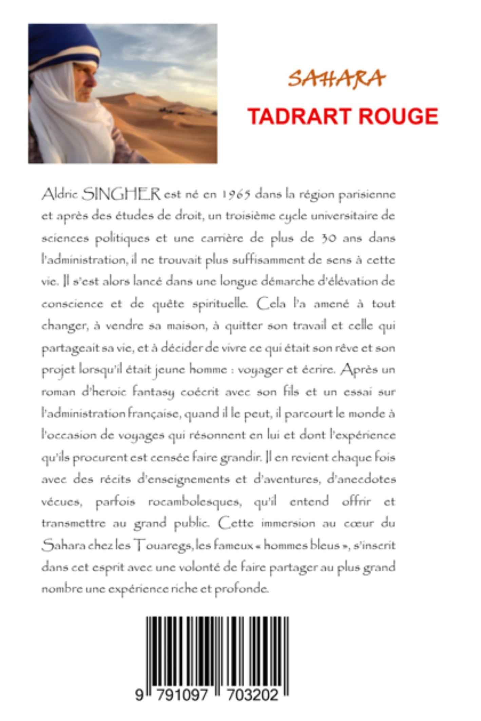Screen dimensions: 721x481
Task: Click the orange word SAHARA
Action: click(x=336, y=79)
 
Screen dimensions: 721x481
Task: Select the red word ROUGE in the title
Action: click(x=398, y=116)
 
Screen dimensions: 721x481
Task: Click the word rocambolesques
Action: click(x=195, y=501)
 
